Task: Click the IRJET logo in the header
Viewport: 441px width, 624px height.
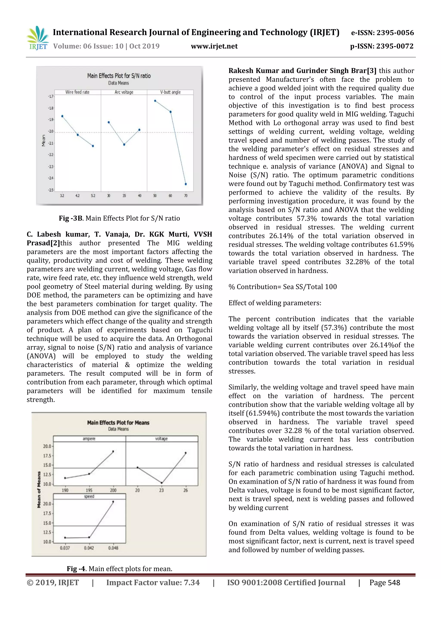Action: point(38,38)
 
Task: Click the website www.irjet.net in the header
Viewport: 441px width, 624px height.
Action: point(214,46)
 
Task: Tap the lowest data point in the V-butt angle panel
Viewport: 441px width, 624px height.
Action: point(186,184)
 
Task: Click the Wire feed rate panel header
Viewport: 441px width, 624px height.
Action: point(77,92)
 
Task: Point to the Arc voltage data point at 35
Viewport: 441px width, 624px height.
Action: point(124,145)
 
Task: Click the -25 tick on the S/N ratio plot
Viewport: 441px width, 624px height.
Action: point(51,190)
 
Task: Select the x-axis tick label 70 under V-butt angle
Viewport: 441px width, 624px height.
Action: point(186,196)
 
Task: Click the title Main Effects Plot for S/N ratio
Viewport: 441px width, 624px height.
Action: point(119,76)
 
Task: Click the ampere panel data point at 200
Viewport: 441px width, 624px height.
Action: point(113,451)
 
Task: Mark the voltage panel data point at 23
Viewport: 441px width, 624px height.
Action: point(161,483)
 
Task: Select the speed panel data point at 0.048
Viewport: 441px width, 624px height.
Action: point(113,502)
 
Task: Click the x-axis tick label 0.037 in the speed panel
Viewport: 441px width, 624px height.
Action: point(65,548)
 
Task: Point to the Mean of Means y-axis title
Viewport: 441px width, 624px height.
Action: point(39,489)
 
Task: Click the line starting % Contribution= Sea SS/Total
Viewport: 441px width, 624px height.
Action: point(283,287)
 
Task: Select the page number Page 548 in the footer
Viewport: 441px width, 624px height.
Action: point(385,582)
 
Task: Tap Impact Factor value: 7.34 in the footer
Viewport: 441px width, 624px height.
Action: point(153,582)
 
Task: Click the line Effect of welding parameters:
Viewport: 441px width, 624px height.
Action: point(275,303)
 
